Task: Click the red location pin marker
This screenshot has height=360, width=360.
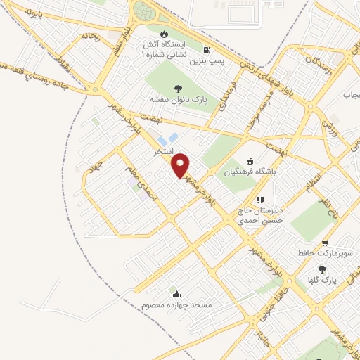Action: point(181,165)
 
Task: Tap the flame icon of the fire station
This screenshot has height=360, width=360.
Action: point(164,33)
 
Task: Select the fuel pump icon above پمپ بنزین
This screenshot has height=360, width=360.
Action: point(206,50)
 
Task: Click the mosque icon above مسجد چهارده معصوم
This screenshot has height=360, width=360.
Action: point(175,294)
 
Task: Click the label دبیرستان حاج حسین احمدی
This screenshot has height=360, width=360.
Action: point(259,214)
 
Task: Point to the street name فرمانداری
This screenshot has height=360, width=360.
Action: point(226,93)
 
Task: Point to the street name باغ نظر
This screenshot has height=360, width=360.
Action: point(328,208)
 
